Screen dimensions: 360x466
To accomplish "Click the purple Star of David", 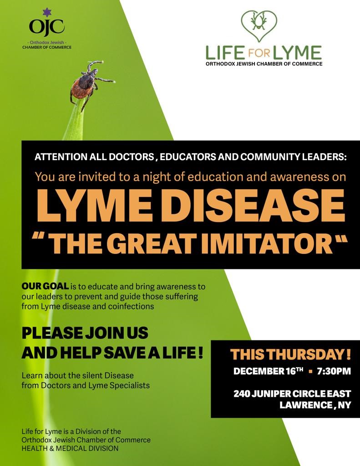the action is pyautogui.click(x=47, y=12).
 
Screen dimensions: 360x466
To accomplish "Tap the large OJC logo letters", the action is pyautogui.click(x=47, y=27).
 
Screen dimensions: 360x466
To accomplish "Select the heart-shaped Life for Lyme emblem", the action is pyautogui.click(x=259, y=25).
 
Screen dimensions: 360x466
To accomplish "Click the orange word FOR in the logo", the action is pyautogui.click(x=259, y=54).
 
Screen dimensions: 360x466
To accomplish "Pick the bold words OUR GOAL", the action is pyautogui.click(x=45, y=287).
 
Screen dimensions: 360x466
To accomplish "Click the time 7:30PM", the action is pyautogui.click(x=334, y=371).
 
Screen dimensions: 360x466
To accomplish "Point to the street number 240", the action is pyautogui.click(x=241, y=394).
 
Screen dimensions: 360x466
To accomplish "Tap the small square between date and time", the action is pyautogui.click(x=311, y=371).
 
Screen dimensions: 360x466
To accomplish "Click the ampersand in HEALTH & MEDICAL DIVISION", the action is pyautogui.click(x=52, y=448).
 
